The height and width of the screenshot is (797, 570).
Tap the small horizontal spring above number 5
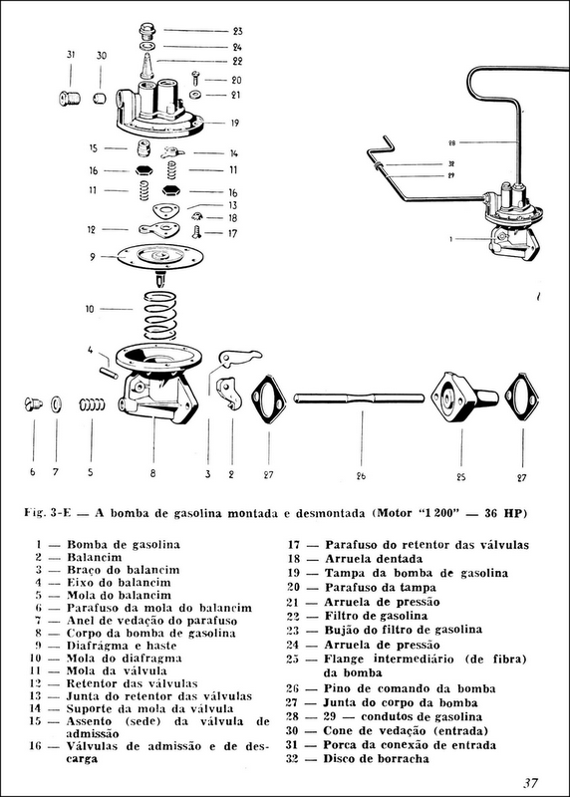point(92,405)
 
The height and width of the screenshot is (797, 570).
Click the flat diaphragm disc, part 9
point(159,256)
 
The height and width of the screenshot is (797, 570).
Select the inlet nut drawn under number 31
point(70,99)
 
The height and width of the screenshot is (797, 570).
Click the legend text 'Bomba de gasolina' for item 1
point(123,545)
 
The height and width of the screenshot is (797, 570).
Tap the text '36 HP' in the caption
point(499,514)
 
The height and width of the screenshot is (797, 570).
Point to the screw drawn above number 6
point(31,405)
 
